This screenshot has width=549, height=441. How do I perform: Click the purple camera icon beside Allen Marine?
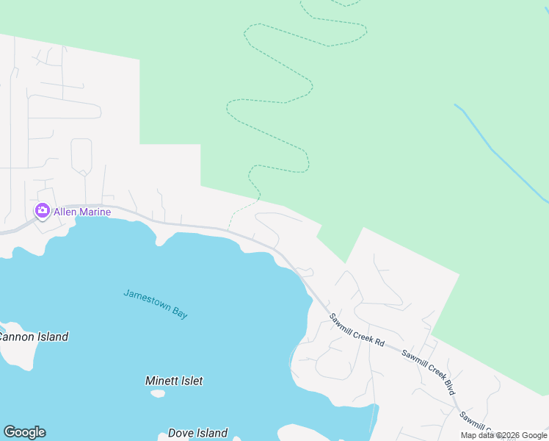point(42,212)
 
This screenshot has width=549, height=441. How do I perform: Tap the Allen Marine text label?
point(82,212)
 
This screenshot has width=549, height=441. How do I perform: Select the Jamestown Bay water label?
point(156,303)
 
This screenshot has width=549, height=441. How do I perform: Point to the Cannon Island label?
point(32,337)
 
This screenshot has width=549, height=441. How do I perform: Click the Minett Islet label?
point(174,381)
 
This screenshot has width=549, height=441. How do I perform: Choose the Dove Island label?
point(197,433)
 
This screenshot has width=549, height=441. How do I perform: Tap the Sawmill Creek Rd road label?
point(357,330)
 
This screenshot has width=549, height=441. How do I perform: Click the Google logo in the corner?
point(24,432)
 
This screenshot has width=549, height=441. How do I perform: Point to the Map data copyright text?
point(503,435)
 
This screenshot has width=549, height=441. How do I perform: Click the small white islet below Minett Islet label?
point(158,393)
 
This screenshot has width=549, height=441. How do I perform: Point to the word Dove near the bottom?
point(181,433)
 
